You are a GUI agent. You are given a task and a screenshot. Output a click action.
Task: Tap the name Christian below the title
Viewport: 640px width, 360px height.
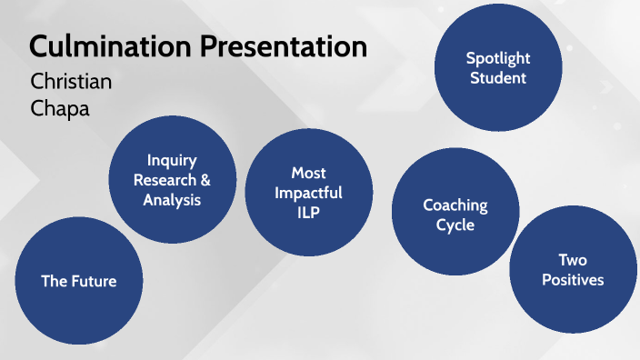pos(71,81)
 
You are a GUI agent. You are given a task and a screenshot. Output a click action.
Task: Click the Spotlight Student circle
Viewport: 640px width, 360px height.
pos(497,68)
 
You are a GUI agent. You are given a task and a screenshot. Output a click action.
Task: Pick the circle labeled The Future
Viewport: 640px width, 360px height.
pos(79,281)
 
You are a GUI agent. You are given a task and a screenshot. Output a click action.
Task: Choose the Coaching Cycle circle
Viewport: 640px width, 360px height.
pos(455,215)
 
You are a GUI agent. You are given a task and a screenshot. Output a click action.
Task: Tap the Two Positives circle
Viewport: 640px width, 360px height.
pos(573,270)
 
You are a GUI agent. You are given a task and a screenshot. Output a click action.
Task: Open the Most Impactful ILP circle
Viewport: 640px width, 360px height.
pos(309,193)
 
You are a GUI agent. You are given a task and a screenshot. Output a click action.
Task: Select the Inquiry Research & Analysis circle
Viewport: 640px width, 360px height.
pos(173,180)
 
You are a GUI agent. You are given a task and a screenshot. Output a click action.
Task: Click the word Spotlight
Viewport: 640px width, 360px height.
pos(497,58)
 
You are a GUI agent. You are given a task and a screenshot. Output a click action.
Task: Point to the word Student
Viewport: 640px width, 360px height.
pos(497,78)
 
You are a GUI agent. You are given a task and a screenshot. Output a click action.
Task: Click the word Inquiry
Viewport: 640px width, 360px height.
pos(172,160)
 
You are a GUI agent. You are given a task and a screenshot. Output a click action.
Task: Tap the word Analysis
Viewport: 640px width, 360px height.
pos(172,199)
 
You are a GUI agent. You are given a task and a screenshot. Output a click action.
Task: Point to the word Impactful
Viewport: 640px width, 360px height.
pos(309,192)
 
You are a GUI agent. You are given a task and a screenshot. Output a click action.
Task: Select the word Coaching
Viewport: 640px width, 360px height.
pos(455,205)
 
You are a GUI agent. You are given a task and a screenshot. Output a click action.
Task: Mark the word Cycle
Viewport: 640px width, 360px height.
pos(455,225)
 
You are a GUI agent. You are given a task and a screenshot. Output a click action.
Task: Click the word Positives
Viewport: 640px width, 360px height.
pos(573,280)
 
